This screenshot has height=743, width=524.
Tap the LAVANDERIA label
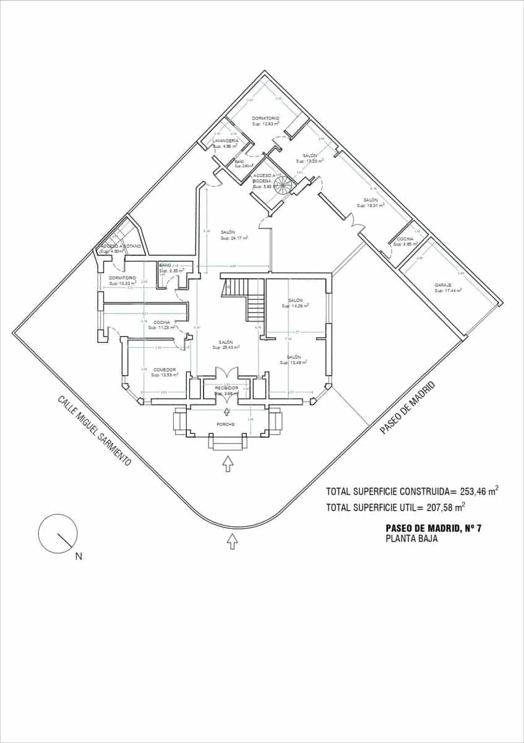tap(225, 142)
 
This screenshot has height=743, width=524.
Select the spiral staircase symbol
tap(284, 185)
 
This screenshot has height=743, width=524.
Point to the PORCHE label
tap(225, 424)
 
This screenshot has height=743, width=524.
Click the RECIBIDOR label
tap(226, 388)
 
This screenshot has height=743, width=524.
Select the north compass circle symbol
tap(58, 533)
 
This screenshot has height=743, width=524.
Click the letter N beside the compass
tap(79, 556)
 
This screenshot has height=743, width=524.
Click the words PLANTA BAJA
tap(411, 539)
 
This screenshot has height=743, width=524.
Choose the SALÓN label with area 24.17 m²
tap(227, 232)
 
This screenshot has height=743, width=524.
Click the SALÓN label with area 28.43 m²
tap(225, 342)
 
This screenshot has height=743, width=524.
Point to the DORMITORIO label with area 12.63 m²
tap(265, 118)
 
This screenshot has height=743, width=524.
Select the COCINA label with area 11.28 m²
tap(162, 323)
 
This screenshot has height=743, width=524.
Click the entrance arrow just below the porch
tap(228, 463)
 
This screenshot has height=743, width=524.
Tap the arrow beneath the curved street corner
tap(233, 541)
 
